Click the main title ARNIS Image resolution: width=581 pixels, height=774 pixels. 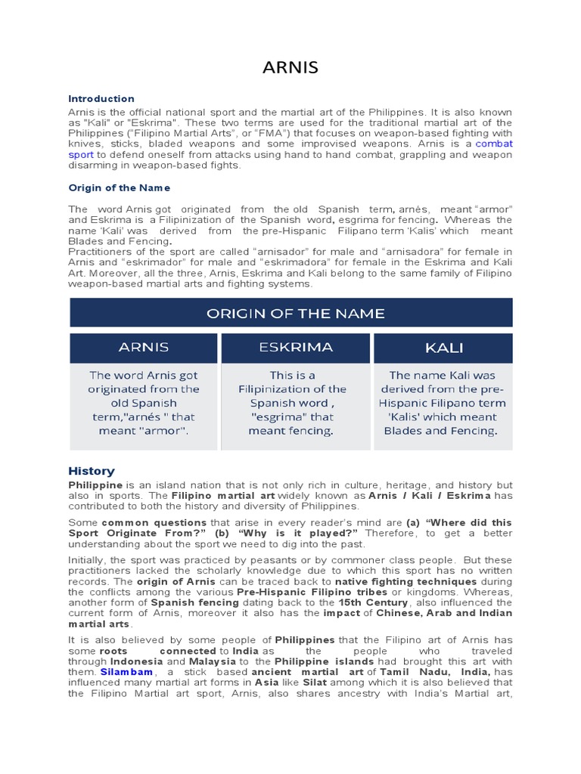(x=290, y=68)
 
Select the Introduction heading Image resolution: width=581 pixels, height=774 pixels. (x=101, y=98)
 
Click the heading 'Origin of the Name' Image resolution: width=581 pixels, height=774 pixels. (x=119, y=187)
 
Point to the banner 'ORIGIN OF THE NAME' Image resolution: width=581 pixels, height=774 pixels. (x=291, y=313)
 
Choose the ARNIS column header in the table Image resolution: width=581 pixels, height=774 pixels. (x=144, y=348)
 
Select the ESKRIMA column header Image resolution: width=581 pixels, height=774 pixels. (x=296, y=347)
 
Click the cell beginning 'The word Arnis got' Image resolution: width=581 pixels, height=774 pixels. (x=144, y=403)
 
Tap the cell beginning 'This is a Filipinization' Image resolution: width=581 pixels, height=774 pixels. (x=296, y=403)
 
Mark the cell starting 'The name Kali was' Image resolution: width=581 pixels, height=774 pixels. (x=443, y=403)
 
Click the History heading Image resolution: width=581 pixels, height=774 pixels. (x=92, y=471)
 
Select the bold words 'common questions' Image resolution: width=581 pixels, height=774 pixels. (x=154, y=522)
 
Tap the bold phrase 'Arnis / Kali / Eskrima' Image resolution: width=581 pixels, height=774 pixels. (x=429, y=495)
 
